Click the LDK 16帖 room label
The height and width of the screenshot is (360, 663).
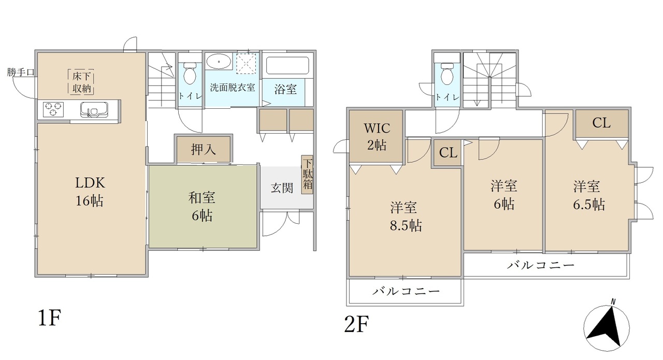(x=90, y=192)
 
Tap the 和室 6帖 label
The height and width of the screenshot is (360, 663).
(x=202, y=207)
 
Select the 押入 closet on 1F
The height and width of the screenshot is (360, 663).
(x=204, y=149)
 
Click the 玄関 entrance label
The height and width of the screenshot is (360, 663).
(x=282, y=188)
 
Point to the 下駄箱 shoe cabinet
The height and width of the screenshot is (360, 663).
(x=307, y=175)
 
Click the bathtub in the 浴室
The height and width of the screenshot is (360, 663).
(x=287, y=65)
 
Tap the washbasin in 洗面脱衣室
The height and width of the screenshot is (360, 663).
(x=219, y=62)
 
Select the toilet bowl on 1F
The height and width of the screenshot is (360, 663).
(x=190, y=73)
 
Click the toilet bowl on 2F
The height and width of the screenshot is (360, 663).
(x=446, y=74)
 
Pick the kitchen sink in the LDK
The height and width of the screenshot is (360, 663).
(x=94, y=109)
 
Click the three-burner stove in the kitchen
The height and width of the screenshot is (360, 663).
(x=53, y=109)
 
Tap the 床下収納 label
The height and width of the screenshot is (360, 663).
(x=81, y=82)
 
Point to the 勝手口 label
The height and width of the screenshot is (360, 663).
(x=21, y=72)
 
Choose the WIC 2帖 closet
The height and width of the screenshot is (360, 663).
(x=377, y=136)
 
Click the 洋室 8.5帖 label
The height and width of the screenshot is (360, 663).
(x=406, y=217)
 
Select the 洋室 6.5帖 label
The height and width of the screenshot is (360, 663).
(x=588, y=195)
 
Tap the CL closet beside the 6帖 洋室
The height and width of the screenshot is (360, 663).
(x=448, y=153)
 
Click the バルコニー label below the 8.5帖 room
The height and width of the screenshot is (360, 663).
(x=406, y=292)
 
